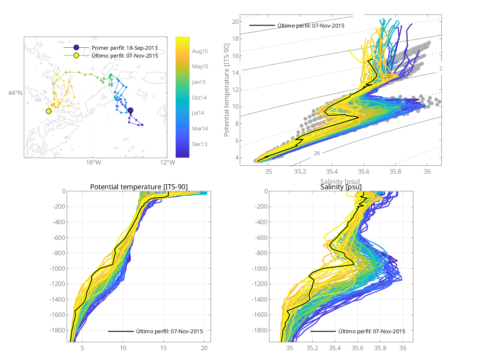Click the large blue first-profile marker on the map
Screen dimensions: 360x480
(130, 110)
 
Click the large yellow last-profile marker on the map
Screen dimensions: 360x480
(49, 111)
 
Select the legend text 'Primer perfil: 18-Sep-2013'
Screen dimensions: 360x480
(125, 48)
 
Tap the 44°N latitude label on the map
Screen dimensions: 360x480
(15, 93)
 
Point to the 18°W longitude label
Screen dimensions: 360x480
(93, 163)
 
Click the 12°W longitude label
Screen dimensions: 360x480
(167, 163)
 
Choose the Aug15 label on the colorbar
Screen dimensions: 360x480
(200, 51)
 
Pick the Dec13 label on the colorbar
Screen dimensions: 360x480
(200, 144)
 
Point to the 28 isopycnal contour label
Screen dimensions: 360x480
(317, 153)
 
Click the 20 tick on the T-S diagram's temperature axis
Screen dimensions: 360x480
(236, 22)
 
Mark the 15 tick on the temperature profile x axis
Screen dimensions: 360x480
(164, 348)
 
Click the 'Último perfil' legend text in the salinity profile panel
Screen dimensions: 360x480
(371, 331)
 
